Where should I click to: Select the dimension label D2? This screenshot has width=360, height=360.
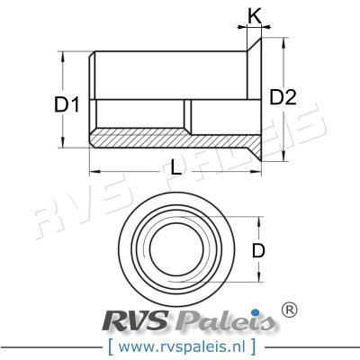[x=282, y=97]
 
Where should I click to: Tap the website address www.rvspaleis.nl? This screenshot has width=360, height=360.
[x=180, y=345]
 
